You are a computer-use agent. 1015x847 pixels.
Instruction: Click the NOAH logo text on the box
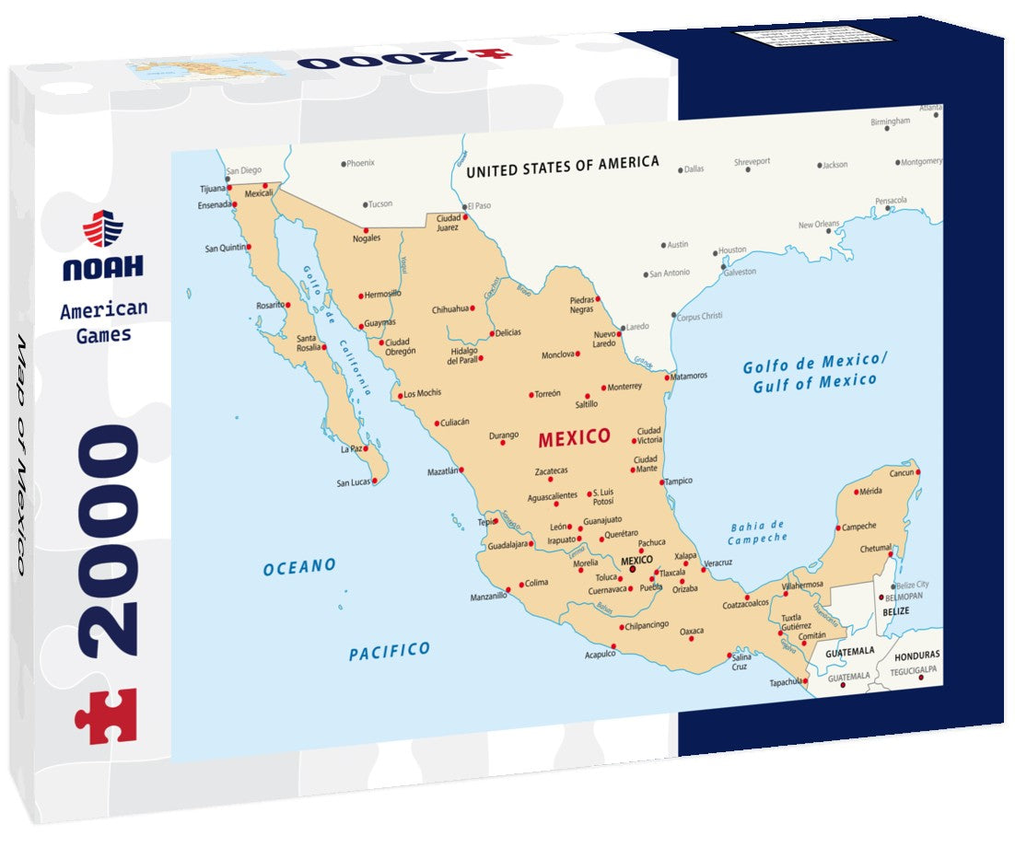(102, 267)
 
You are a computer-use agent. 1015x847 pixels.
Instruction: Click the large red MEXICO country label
(574, 436)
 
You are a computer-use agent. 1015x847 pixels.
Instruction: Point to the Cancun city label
(900, 473)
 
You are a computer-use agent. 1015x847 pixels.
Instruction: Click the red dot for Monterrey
(604, 388)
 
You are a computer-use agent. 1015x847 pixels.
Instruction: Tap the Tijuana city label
(212, 188)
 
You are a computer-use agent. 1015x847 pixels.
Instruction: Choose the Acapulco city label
(599, 655)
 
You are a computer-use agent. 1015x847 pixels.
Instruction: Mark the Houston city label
(732, 250)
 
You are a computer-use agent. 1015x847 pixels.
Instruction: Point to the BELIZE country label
(895, 611)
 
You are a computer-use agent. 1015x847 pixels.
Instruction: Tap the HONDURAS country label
(917, 656)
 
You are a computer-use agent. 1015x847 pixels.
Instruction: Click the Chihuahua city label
(450, 309)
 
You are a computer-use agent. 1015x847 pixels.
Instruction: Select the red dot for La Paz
(366, 449)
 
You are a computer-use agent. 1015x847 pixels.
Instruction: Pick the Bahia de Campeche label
(758, 531)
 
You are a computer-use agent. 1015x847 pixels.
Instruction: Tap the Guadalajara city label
(507, 544)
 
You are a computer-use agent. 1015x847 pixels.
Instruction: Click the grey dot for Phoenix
(343, 164)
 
